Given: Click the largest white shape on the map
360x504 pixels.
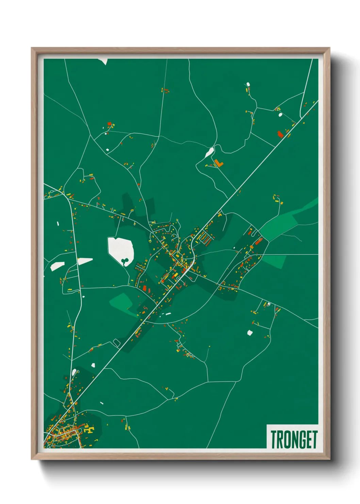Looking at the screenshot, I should [x=120, y=250].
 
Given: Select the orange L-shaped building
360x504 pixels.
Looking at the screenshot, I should [x=218, y=163].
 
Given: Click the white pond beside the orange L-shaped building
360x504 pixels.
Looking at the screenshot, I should [x=209, y=153].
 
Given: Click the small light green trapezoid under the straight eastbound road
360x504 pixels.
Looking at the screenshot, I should [x=274, y=261].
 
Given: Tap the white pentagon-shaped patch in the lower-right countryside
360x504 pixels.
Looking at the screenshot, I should [x=250, y=332].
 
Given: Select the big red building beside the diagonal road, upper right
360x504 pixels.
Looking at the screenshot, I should [x=280, y=134].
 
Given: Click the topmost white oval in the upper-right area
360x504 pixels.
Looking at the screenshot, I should [x=248, y=84].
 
